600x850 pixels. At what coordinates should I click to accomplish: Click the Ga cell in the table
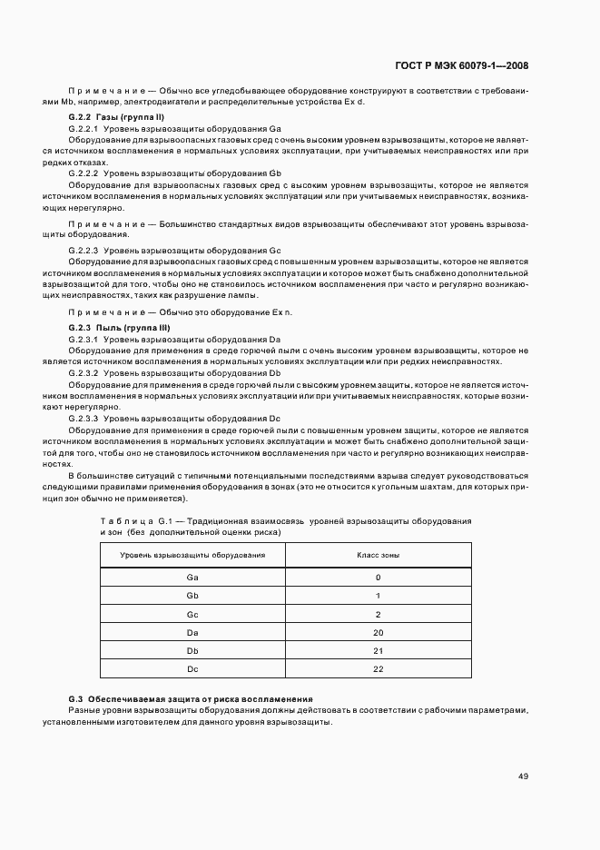pos(192,577)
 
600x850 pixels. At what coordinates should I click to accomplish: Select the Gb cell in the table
pos(192,596)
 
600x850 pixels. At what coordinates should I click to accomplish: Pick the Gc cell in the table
pos(192,614)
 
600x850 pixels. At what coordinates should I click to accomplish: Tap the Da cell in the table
pos(192,632)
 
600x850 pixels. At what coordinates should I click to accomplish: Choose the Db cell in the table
pos(192,651)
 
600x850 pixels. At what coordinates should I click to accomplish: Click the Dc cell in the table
pos(192,669)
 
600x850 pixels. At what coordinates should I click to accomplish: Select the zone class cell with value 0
pos(378,577)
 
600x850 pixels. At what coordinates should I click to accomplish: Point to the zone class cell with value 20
pos(378,632)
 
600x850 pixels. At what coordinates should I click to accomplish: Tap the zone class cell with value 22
pos(378,669)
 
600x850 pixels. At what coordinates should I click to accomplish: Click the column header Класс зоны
pos(378,554)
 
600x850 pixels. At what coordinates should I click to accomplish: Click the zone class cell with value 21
pos(378,651)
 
